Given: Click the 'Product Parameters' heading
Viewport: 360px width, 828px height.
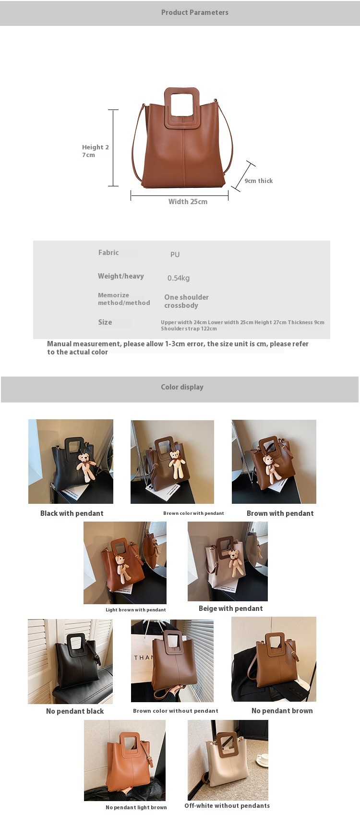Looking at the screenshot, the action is point(194,12).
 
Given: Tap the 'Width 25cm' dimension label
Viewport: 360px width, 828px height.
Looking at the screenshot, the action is point(188,202).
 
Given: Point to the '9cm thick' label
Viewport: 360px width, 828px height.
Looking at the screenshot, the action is point(258,181).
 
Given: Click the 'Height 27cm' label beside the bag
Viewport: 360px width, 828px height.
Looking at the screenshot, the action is point(95,151).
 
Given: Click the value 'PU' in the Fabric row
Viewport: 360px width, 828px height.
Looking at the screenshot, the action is point(175,255).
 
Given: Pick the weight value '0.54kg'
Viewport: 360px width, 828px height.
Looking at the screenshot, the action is point(179,278).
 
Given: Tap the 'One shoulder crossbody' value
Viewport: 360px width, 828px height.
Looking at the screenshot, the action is point(186,301).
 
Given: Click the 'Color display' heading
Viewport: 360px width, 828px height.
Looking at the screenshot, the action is point(182,387).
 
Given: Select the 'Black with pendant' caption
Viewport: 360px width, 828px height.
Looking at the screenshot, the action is point(72,513).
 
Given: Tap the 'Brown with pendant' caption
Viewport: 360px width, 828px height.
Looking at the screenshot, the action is point(280,513).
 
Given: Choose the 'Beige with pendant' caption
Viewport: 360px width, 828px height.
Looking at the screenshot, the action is point(231,609).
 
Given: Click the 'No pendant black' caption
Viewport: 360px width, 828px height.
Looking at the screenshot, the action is point(75,711).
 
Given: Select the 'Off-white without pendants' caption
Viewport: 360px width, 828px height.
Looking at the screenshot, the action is point(227,805).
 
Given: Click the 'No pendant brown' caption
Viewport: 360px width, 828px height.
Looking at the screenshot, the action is point(282,711).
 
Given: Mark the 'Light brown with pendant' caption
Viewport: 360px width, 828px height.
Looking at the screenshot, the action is point(136,610).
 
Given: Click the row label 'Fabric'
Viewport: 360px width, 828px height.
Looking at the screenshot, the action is point(108,253).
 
